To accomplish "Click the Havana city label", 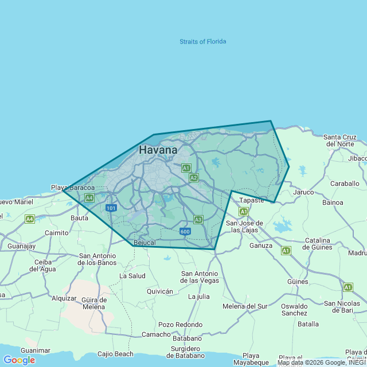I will [x=158, y=150].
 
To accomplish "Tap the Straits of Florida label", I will [x=202, y=41].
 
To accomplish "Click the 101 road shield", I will [x=111, y=208].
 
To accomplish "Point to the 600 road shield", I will [x=185, y=231].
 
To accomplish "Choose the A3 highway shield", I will [x=198, y=219].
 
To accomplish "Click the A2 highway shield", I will [x=194, y=178].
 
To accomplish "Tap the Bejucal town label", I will [x=144, y=243].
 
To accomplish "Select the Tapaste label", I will [x=252, y=200].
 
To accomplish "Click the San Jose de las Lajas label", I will [x=244, y=227].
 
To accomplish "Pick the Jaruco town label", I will [x=303, y=192].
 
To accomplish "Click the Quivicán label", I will [x=159, y=291].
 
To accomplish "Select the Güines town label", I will [x=298, y=282].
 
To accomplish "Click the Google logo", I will [x=19, y=360].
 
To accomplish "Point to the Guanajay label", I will [x=22, y=246].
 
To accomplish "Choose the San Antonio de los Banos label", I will [x=97, y=259].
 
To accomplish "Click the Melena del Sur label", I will [x=245, y=306].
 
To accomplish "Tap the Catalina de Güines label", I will [x=326, y=244].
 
